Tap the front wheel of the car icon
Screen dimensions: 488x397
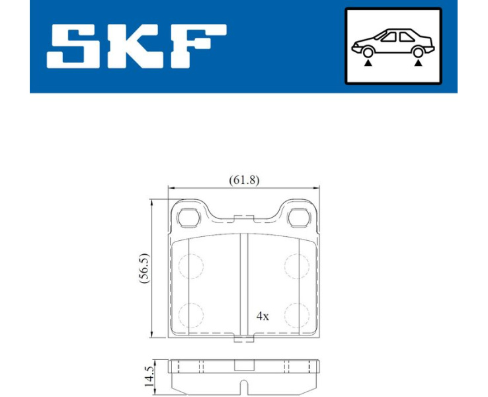368,52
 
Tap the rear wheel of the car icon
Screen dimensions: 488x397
419,52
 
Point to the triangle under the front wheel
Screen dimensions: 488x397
368,64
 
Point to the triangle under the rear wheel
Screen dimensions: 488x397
419,64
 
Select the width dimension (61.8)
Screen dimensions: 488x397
244,180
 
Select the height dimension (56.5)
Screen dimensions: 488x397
145,268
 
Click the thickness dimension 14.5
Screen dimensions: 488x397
149,376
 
